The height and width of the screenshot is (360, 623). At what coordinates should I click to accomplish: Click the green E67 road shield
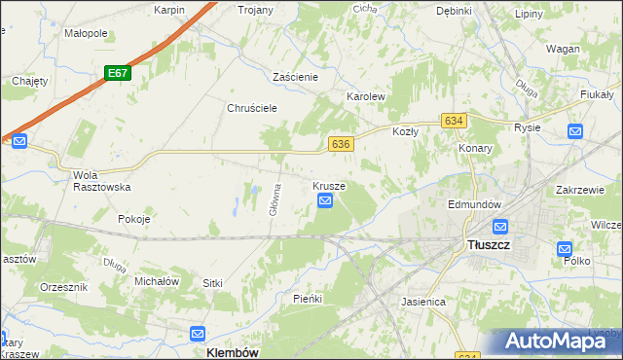pos(118,73)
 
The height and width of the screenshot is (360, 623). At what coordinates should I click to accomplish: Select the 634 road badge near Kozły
pos(453,120)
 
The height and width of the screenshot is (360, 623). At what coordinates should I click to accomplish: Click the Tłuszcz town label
pos(489,246)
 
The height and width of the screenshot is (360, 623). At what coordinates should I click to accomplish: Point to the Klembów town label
pos(233,353)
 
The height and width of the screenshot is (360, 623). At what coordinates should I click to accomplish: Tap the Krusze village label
pos(329,185)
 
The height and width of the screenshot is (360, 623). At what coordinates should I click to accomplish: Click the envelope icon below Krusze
pos(325,201)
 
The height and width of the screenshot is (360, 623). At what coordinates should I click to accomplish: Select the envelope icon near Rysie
pos(575,131)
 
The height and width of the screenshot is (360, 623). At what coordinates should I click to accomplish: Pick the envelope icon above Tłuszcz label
pos(500,227)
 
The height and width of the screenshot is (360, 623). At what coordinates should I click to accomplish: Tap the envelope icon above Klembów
pos(198,333)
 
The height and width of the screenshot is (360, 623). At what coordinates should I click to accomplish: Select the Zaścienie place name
pos(304,76)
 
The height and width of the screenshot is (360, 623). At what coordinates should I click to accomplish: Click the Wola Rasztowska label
pos(95,182)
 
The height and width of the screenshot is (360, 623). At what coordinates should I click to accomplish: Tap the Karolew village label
pos(367,97)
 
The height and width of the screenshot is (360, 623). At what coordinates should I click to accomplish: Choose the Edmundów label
pos(474,205)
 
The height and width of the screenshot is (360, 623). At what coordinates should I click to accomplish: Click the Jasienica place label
pos(423,302)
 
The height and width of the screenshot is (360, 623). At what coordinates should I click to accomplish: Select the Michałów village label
pos(157,280)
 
